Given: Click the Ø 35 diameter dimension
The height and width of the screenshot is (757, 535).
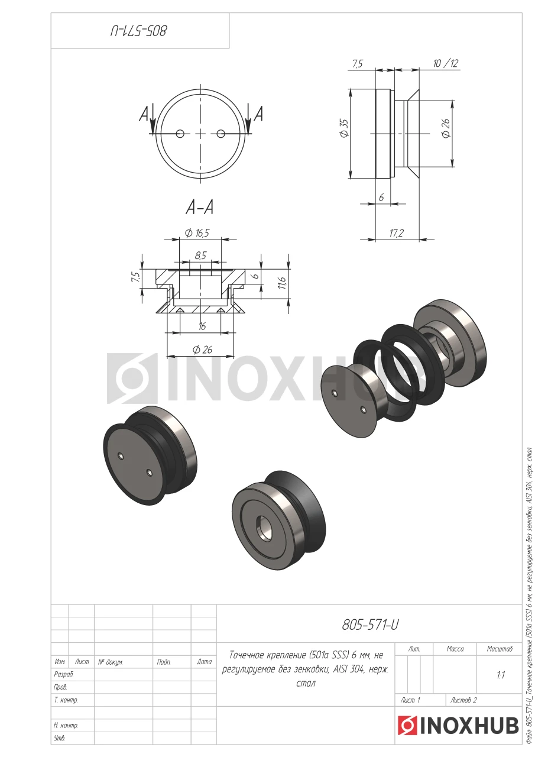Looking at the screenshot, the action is point(345,128).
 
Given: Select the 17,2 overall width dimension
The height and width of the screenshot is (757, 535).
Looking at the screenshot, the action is point(396,233).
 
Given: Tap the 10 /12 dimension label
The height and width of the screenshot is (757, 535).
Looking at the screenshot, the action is point(446,63).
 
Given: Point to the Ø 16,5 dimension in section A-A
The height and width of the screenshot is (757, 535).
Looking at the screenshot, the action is point(197,233).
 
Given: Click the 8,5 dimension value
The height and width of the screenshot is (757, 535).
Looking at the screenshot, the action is point(200,255).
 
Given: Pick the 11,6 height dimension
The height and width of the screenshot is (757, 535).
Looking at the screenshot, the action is point(283,283).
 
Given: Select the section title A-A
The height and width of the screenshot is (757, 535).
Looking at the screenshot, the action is point(200,207).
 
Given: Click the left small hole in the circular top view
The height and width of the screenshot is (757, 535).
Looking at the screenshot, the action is point(180,134).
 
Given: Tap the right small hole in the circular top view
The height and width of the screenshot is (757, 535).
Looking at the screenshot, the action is point(221,134).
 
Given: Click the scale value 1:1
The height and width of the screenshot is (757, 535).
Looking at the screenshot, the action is point(501,675).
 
